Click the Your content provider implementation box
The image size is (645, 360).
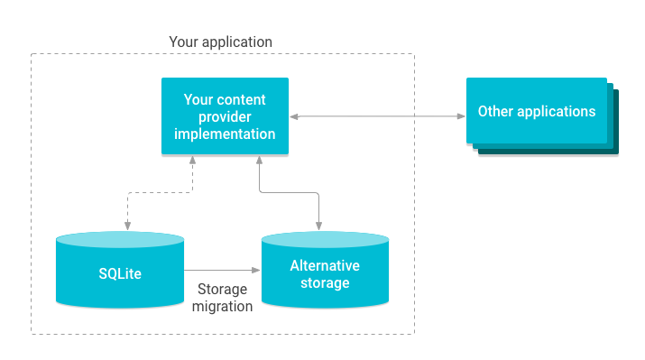click(x=225, y=117)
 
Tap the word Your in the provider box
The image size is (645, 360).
click(x=199, y=99)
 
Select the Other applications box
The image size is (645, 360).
click(x=537, y=112)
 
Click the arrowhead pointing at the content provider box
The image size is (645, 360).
click(x=294, y=117)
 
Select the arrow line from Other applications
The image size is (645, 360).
click(x=379, y=117)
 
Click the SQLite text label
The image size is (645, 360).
click(x=119, y=273)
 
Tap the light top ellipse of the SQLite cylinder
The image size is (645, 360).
click(x=119, y=240)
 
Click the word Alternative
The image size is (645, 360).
click(x=325, y=265)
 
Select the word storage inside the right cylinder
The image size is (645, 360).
click(x=325, y=283)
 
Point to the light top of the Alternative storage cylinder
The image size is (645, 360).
click(x=325, y=239)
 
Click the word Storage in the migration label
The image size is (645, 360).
click(x=222, y=289)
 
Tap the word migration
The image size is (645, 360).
click(x=222, y=307)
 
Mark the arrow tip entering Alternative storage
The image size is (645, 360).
click(x=256, y=271)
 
